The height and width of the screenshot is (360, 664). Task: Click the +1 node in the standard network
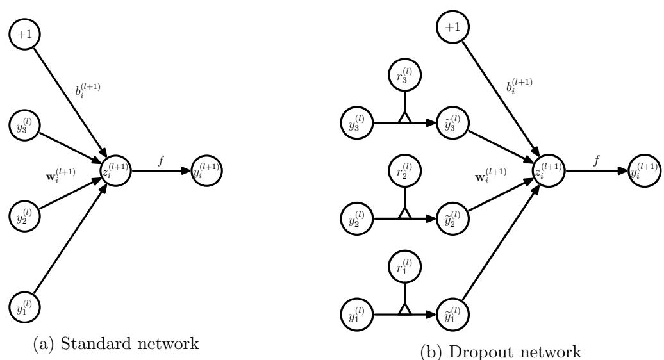coord(24,33)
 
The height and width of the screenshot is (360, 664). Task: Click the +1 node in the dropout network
coord(452,27)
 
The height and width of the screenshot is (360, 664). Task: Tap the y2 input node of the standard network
coord(24,216)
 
